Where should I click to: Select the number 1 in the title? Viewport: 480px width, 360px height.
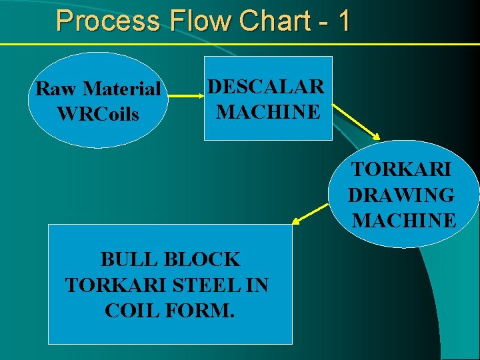343,21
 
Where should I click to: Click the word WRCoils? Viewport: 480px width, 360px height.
98,114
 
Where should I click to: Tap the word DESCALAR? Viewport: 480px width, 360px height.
266,87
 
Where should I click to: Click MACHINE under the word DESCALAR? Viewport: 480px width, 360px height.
268,111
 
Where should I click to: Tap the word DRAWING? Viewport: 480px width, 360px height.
401,195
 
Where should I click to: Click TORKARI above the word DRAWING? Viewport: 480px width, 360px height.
401,169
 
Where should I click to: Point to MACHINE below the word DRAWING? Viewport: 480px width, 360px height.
404,220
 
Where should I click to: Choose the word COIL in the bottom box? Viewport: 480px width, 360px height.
129,311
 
